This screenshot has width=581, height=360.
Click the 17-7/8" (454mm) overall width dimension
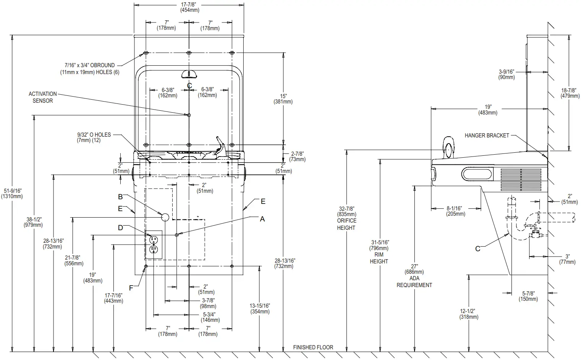(x=189, y=7)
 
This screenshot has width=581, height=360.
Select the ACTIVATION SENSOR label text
(x=43, y=97)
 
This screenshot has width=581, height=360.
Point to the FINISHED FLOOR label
(x=313, y=347)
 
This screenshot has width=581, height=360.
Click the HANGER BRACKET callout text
(x=487, y=136)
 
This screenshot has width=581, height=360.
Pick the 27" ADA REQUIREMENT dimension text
(x=414, y=275)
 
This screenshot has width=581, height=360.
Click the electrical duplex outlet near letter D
(x=154, y=244)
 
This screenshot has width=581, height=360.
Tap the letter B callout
(x=120, y=197)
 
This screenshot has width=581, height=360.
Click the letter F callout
(x=131, y=288)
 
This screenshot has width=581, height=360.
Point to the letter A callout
(x=262, y=219)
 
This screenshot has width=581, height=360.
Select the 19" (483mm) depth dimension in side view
(x=488, y=110)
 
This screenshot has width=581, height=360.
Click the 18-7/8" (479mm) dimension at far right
(x=570, y=93)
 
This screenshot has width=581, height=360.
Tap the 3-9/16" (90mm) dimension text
(x=507, y=74)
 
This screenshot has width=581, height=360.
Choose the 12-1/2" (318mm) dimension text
(x=469, y=314)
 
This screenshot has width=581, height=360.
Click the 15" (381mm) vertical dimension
(x=283, y=99)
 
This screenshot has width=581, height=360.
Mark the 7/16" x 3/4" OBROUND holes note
(x=89, y=69)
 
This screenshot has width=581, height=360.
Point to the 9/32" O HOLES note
(x=94, y=137)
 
